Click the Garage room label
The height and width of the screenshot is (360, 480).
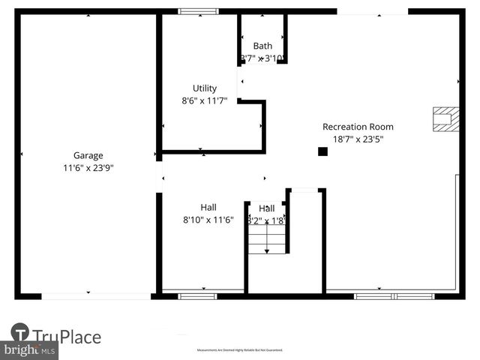point(88,156)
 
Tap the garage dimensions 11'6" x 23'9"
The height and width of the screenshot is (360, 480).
point(88,168)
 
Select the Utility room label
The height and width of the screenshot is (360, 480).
point(205,88)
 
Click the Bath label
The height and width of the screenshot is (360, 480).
point(262,46)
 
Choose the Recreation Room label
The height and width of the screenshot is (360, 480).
point(358,127)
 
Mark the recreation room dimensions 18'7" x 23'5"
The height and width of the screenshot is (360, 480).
point(358,139)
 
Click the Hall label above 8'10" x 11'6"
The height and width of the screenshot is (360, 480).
point(208,208)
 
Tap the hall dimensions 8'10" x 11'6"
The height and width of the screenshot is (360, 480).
point(208,220)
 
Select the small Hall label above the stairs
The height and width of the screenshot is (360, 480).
point(267,208)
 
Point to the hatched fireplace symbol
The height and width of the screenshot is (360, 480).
point(444,118)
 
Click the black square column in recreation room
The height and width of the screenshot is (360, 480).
point(322,151)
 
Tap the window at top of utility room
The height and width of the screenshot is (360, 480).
point(198,11)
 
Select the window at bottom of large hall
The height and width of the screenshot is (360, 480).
point(197,296)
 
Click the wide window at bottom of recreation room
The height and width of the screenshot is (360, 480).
point(394,296)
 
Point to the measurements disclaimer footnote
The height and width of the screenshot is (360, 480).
point(240,350)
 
